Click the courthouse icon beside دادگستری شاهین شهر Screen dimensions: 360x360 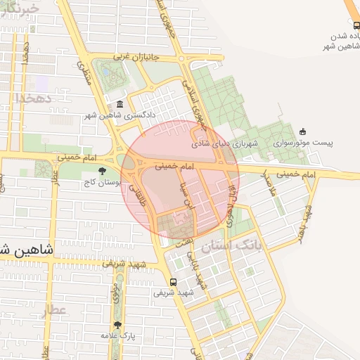tap(120, 104)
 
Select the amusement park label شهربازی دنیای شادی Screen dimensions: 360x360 tap(225, 143)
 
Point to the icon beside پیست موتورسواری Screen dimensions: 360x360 tap(303, 131)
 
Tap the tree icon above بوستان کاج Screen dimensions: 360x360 tap(103, 171)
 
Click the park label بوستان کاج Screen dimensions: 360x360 tap(103, 182)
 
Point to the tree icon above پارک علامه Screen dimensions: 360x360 tap(117, 325)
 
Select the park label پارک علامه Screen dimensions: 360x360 tap(117, 336)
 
